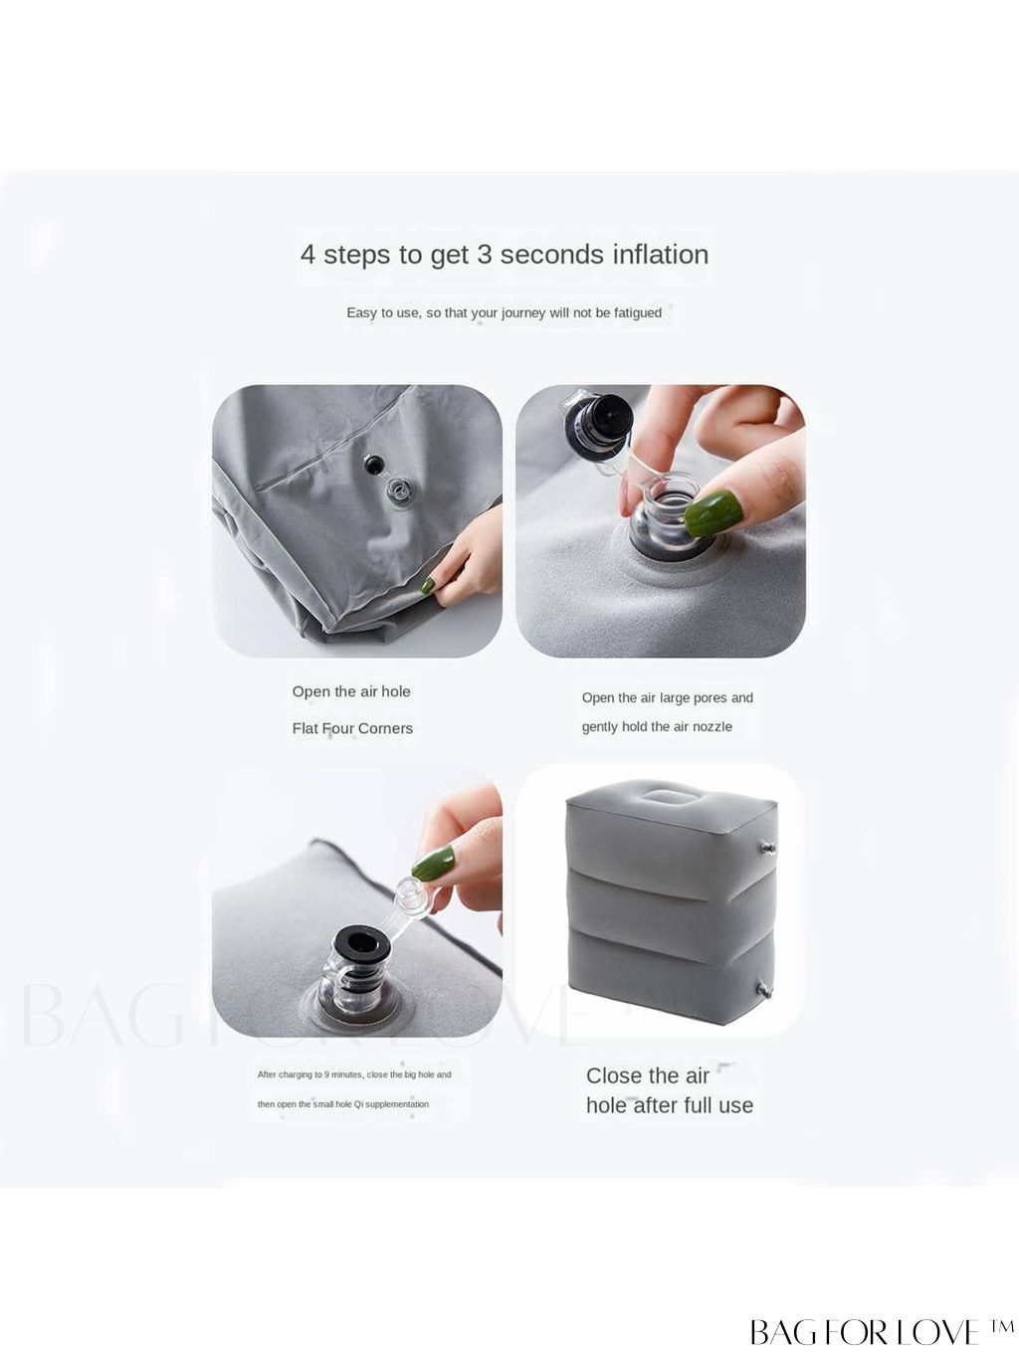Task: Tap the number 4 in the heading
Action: pyautogui.click(x=307, y=255)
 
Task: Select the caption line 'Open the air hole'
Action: pyautogui.click(x=351, y=691)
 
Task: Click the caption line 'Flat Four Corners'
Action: pyautogui.click(x=352, y=728)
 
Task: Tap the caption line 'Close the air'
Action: pyautogui.click(x=647, y=1075)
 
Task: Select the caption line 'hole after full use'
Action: pyautogui.click(x=670, y=1105)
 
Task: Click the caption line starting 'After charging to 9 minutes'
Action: pyautogui.click(x=354, y=1074)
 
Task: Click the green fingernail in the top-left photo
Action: pyautogui.click(x=428, y=585)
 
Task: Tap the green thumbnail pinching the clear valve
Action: pyautogui.click(x=713, y=513)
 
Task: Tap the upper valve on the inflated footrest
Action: pyautogui.click(x=767, y=848)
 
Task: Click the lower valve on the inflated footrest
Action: pyautogui.click(x=765, y=991)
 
